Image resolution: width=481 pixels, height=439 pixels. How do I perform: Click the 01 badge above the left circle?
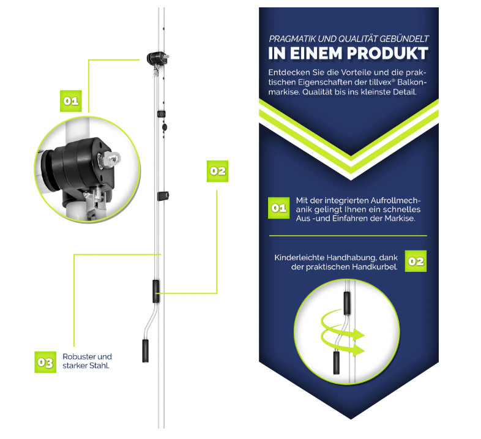(71, 101)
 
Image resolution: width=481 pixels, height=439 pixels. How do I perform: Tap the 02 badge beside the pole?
(217, 171)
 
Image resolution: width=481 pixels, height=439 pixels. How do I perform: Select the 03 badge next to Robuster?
(45, 362)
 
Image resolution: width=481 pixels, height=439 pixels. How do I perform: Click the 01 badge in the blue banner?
(279, 208)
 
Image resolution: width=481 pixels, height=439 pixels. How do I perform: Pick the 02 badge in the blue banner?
(416, 261)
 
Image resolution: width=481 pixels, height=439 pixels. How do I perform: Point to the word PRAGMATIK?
(292, 39)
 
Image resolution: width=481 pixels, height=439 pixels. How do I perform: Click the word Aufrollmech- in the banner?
(396, 200)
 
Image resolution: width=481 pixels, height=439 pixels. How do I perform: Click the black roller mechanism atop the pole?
(157, 58)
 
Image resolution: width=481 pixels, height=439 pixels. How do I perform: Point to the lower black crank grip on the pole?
(146, 351)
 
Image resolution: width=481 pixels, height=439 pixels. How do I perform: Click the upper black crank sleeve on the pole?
(156, 291)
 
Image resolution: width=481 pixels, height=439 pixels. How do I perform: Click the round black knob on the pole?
(165, 127)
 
